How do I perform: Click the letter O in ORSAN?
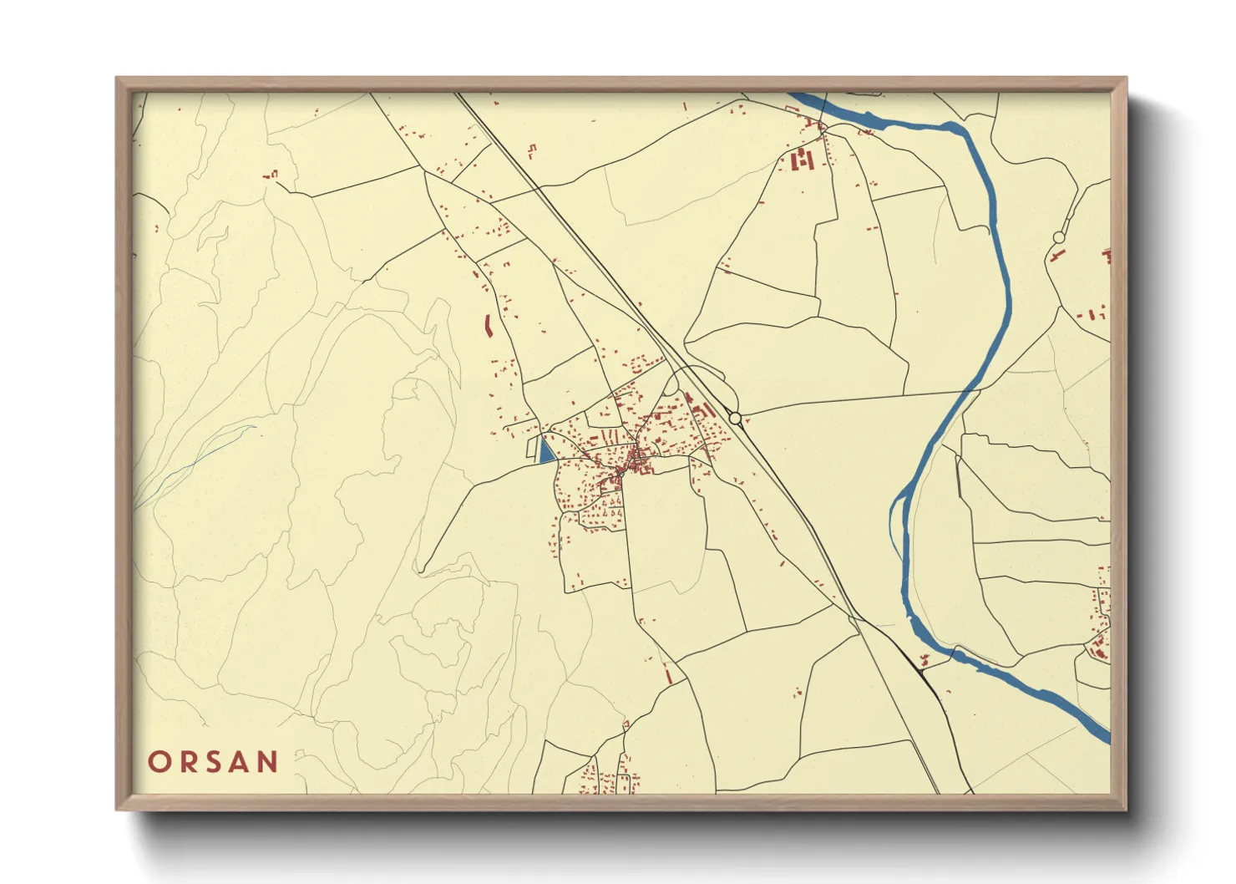coord(160,762)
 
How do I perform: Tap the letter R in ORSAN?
coord(187,762)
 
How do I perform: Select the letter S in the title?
coord(213,762)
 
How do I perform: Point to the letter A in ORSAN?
coord(241,762)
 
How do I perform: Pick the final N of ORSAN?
coord(268,762)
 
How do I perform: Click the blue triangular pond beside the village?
coord(545,450)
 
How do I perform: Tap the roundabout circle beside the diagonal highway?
coord(735,417)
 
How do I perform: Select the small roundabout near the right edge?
coord(1059,238)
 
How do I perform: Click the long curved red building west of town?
coord(488,326)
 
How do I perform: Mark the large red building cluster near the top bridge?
coord(802,159)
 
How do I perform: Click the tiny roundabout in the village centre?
coord(621,474)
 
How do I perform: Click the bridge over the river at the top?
coord(822,125)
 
